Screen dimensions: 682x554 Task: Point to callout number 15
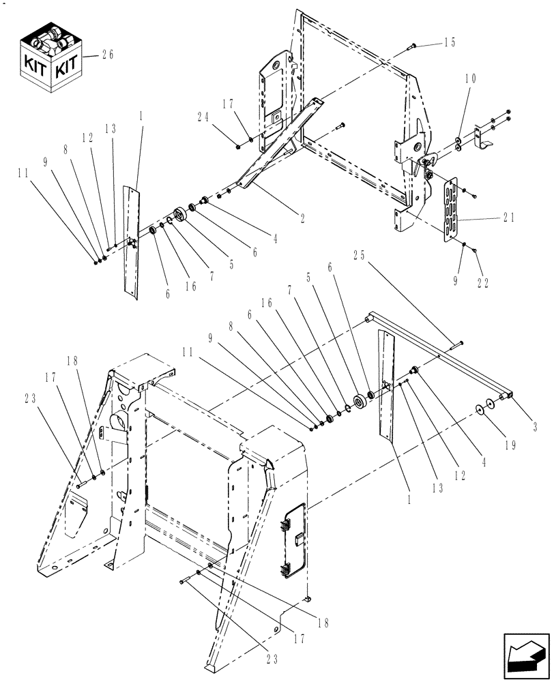[x=449, y=43]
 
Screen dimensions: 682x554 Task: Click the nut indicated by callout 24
[x=235, y=146]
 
